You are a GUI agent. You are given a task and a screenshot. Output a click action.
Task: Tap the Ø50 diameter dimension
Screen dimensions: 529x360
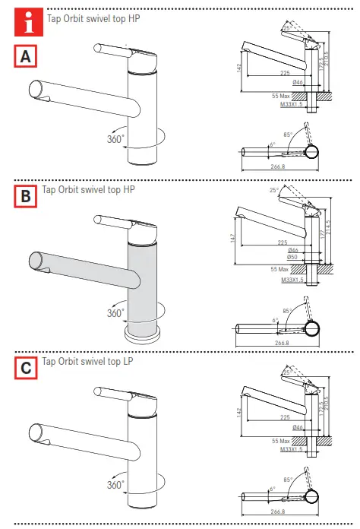pyautogui.click(x=293, y=257)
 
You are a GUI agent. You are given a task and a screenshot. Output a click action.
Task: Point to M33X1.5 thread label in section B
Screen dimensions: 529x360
pyautogui.click(x=291, y=280)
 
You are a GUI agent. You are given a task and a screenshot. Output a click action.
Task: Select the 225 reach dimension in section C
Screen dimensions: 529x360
pyautogui.click(x=284, y=417)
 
